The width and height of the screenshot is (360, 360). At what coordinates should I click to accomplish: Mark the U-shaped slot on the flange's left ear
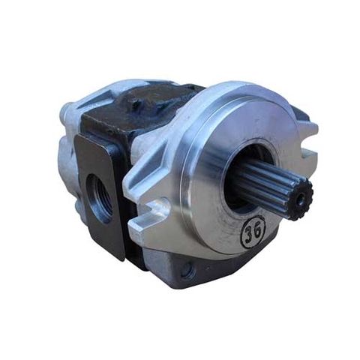[x=161, y=205]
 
